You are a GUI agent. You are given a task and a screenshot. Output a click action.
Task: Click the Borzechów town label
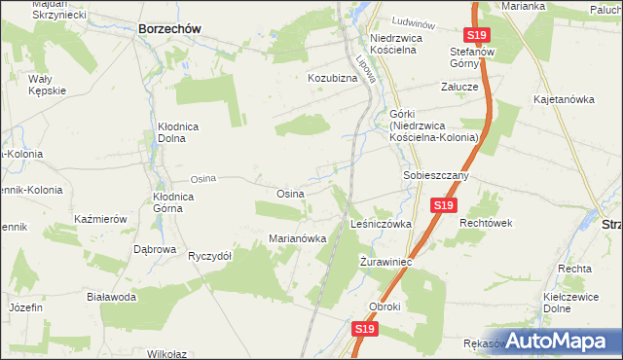click(169, 29)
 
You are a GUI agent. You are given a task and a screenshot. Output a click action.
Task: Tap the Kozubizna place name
click(334, 77)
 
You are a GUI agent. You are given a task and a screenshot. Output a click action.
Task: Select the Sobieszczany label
click(436, 176)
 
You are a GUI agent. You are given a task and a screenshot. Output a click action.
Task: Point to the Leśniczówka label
click(381, 224)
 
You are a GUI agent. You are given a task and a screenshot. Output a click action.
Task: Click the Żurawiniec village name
click(387, 263)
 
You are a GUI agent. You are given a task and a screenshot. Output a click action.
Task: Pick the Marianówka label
click(297, 239)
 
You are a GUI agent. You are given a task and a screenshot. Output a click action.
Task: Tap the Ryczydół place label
click(209, 256)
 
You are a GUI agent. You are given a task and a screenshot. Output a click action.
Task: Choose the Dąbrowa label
click(155, 249)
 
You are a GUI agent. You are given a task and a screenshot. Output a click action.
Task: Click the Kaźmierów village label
click(100, 220)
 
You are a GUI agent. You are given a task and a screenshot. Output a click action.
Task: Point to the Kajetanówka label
click(564, 99)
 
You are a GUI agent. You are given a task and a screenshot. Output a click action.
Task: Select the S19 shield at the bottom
click(364, 330)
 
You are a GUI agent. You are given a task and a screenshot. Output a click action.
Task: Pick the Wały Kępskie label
click(47, 85)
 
